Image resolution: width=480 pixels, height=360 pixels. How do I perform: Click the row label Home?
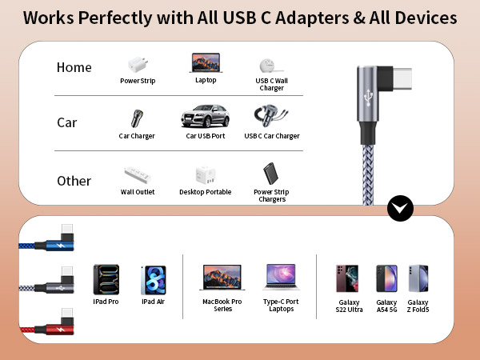coord(74,67)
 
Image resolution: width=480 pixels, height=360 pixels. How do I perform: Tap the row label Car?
coord(66,123)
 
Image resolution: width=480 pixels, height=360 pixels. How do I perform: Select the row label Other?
coord(74,181)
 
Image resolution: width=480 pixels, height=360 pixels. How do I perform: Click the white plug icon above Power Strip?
coord(137,65)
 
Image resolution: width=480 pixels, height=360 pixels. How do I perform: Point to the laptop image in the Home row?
coord(206,62)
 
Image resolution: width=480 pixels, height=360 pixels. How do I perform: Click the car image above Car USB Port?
coord(205,117)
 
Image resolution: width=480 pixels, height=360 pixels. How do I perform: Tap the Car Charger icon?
coord(136,119)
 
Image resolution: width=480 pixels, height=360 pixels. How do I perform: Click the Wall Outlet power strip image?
coord(137,175)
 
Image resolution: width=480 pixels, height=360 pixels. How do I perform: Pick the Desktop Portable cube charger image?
coord(205,175)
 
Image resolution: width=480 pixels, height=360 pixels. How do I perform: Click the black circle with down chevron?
coord(400,208)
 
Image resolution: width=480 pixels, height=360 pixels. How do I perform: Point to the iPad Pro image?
coord(106,281)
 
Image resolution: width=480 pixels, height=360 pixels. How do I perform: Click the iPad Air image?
coord(153,281)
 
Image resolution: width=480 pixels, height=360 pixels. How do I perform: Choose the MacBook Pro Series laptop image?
coord(222,278)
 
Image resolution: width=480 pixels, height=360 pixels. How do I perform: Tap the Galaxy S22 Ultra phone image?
coord(347,278)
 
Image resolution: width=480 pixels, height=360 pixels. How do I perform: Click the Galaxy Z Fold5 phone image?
coord(418,278)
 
